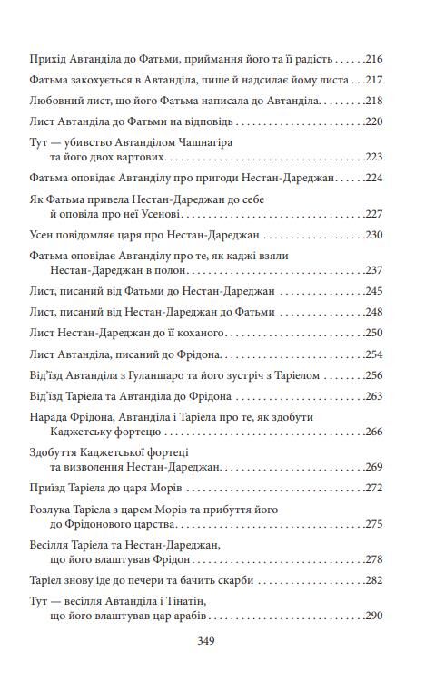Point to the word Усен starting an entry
coord(44,235)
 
